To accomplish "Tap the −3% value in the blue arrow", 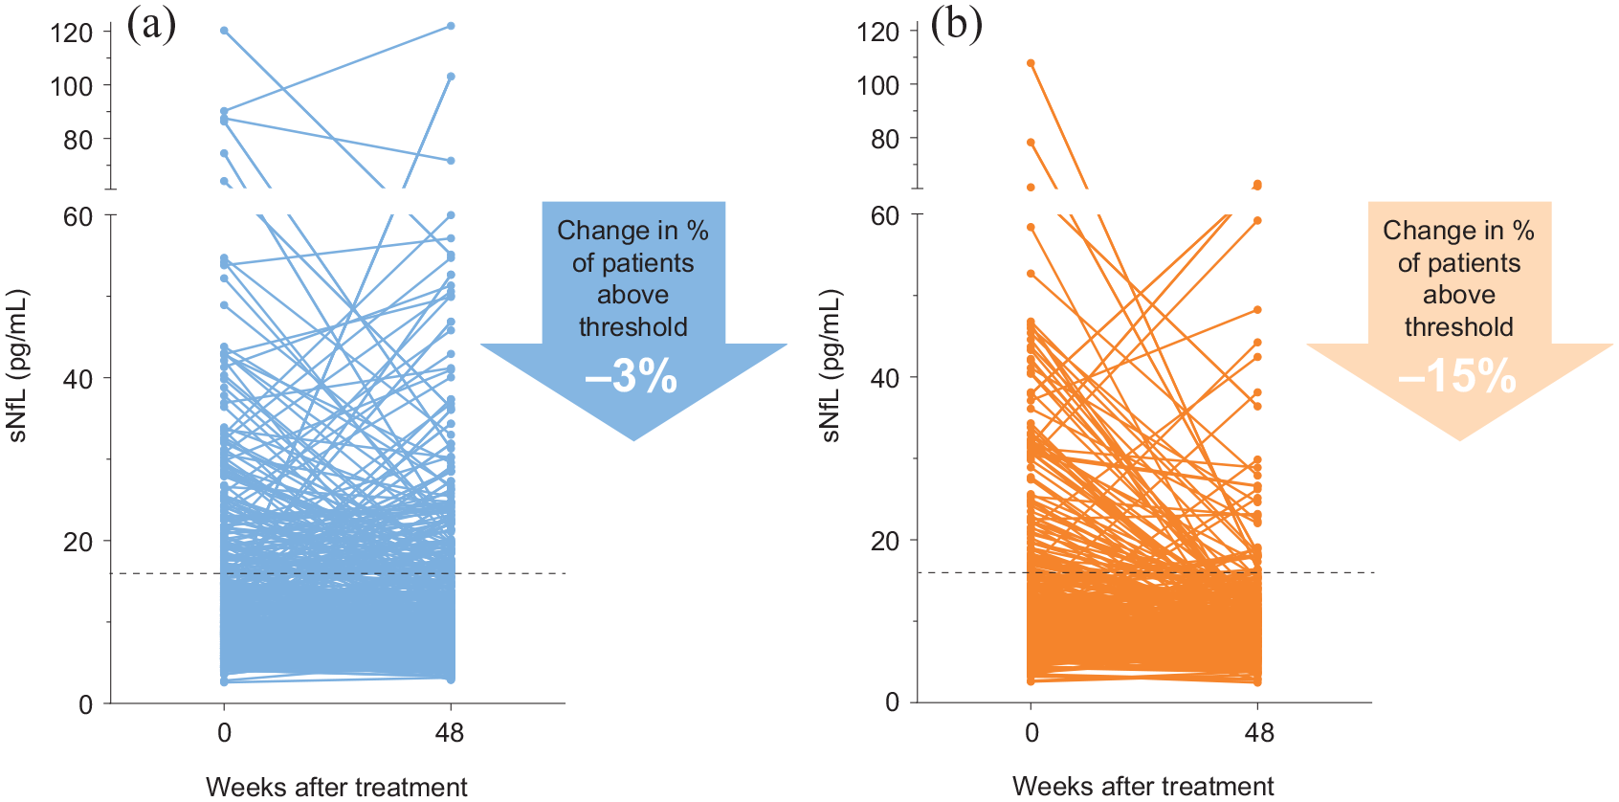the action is coord(631,377).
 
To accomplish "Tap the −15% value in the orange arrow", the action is coord(1457,377).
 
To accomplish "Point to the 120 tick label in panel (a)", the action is coord(71,33).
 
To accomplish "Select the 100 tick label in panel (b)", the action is coord(878,85).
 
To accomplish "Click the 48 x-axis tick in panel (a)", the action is coord(450,733).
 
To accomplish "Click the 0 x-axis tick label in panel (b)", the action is coord(1031,732).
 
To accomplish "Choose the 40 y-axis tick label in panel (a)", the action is coord(78,378).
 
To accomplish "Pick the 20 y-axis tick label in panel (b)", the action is coord(885,540).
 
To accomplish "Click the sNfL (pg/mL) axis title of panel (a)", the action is coord(17,366).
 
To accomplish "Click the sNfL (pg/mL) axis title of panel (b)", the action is coord(832,366).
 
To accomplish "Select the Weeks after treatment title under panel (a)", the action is coord(337,787).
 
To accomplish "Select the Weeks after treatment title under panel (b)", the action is coord(1143,786).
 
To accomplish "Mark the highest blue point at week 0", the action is coord(224,31).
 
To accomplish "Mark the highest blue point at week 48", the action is coord(451,26).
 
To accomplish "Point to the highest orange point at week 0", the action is coord(1031,63).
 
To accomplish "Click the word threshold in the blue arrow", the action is coord(633,327).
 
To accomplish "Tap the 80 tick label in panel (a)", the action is coord(78,140).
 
